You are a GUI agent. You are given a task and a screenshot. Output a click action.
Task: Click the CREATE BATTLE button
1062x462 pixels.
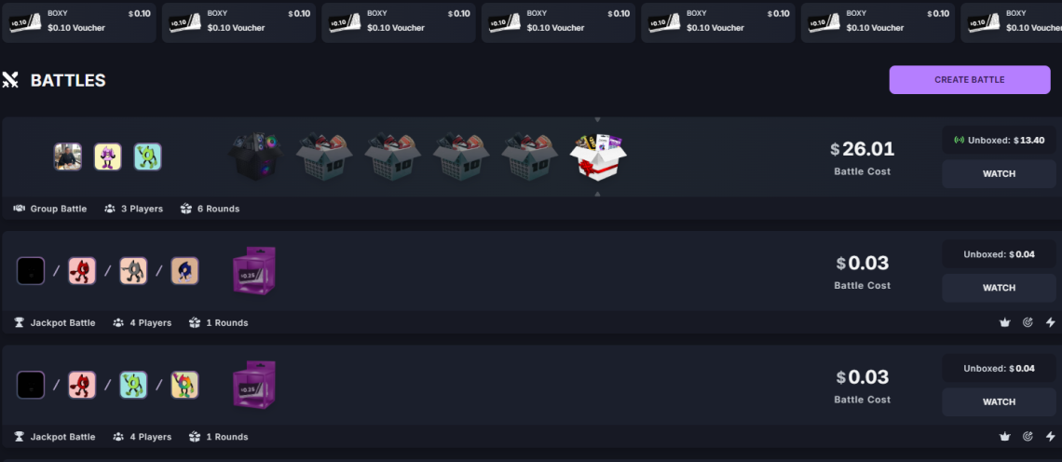tap(969, 80)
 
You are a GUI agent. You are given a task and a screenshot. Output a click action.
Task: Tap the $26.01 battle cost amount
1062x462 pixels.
tap(863, 149)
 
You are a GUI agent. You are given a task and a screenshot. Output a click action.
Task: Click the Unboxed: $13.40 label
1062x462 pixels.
tap(998, 141)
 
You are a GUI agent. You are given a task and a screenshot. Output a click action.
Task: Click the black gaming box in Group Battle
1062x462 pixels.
tap(255, 156)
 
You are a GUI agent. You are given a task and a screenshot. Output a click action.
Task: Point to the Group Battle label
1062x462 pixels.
tap(59, 209)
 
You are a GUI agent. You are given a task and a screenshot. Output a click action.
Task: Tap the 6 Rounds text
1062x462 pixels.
tap(217, 209)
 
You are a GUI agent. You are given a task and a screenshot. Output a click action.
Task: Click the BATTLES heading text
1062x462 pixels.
tap(68, 81)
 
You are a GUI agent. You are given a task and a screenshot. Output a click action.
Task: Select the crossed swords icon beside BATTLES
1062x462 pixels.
tap(11, 80)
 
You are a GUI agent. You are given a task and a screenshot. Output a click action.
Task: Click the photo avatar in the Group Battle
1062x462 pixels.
tap(68, 156)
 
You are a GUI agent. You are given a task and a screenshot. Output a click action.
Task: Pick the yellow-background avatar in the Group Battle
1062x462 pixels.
tap(108, 156)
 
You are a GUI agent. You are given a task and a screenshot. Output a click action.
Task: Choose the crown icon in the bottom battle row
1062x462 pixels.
tap(1004, 437)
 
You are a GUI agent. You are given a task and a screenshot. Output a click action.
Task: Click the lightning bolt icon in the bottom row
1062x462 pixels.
tap(1051, 437)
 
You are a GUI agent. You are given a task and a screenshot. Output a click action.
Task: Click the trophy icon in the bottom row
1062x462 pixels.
tap(20, 437)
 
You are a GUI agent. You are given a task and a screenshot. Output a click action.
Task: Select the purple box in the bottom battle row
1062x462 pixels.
tap(252, 385)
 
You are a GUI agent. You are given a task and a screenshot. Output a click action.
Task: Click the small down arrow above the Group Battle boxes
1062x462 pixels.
tap(597, 120)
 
